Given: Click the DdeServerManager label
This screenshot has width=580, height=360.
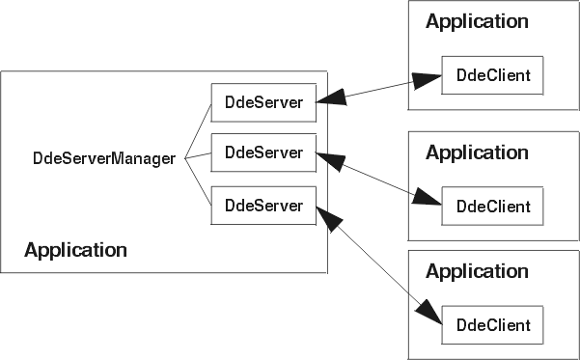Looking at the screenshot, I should (104, 159).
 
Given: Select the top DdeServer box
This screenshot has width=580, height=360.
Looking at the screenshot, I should (263, 101).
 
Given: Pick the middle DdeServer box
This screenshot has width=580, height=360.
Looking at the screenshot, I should (263, 152).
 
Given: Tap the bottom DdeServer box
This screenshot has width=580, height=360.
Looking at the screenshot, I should (263, 206).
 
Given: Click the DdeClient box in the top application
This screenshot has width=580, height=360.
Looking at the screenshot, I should (493, 75).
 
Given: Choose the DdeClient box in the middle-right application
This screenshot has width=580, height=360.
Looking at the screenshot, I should (493, 206).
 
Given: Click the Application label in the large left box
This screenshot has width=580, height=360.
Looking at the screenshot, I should (75, 251).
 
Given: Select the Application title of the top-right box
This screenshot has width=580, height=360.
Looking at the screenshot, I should (477, 22).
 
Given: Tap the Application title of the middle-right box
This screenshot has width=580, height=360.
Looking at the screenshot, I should (477, 152).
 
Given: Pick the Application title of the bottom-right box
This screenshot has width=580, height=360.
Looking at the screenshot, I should (477, 272).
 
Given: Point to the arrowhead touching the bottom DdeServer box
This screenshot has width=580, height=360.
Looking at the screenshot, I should (331, 214).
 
